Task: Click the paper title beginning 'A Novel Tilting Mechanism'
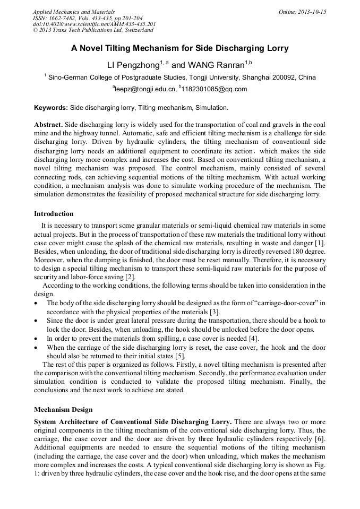click(180, 48)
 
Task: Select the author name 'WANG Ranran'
click(215, 65)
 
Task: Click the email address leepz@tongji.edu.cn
click(145, 89)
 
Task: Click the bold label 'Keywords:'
click(51, 108)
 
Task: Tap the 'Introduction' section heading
click(54, 214)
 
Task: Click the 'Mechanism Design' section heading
click(63, 409)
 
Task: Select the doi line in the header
click(94, 24)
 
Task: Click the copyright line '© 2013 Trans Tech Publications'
click(93, 30)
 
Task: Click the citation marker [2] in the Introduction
click(131, 277)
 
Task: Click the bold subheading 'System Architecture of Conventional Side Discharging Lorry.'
click(133, 422)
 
